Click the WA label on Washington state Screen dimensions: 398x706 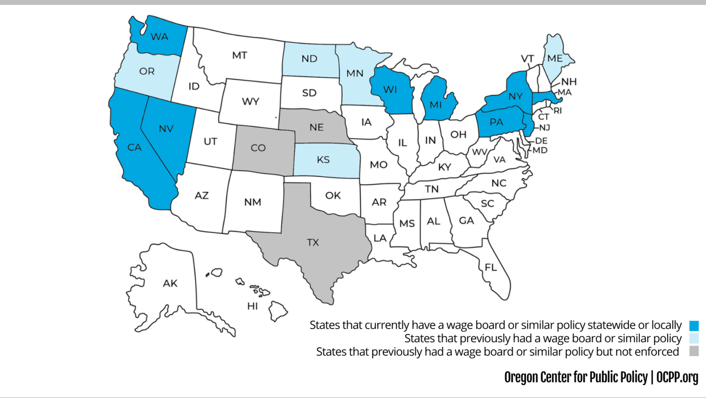[159, 37]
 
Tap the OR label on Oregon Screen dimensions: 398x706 [147, 71]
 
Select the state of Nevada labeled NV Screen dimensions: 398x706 [166, 129]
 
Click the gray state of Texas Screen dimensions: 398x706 [313, 242]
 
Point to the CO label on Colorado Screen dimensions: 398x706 [258, 148]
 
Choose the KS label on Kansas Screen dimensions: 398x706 [323, 160]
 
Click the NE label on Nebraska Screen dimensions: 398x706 [316, 127]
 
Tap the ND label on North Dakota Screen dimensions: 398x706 [309, 58]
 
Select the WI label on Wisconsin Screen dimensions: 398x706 [390, 90]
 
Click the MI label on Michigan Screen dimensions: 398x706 [435, 105]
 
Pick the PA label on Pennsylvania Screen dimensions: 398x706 [496, 122]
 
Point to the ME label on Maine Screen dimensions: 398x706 [555, 58]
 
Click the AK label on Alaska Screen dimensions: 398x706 [170, 283]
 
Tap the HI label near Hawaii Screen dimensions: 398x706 [252, 306]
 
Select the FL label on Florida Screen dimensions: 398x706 [490, 267]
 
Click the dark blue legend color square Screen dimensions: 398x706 [694, 326]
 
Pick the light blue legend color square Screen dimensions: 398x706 [694, 339]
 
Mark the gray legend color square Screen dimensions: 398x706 [694, 352]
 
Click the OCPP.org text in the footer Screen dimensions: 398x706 [677, 377]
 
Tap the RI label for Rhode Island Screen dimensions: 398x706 [558, 111]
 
